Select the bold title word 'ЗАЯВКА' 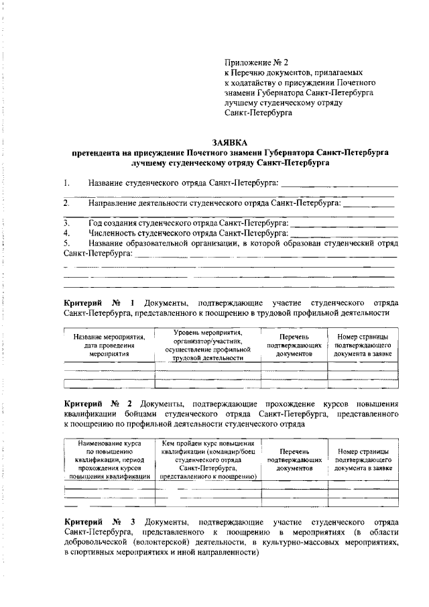229,143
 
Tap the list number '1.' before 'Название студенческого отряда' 67,183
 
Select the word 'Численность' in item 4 112,233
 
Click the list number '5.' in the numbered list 67,243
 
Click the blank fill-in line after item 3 345,223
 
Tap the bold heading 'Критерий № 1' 103,302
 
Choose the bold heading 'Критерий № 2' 103,404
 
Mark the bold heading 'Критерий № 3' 103,521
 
